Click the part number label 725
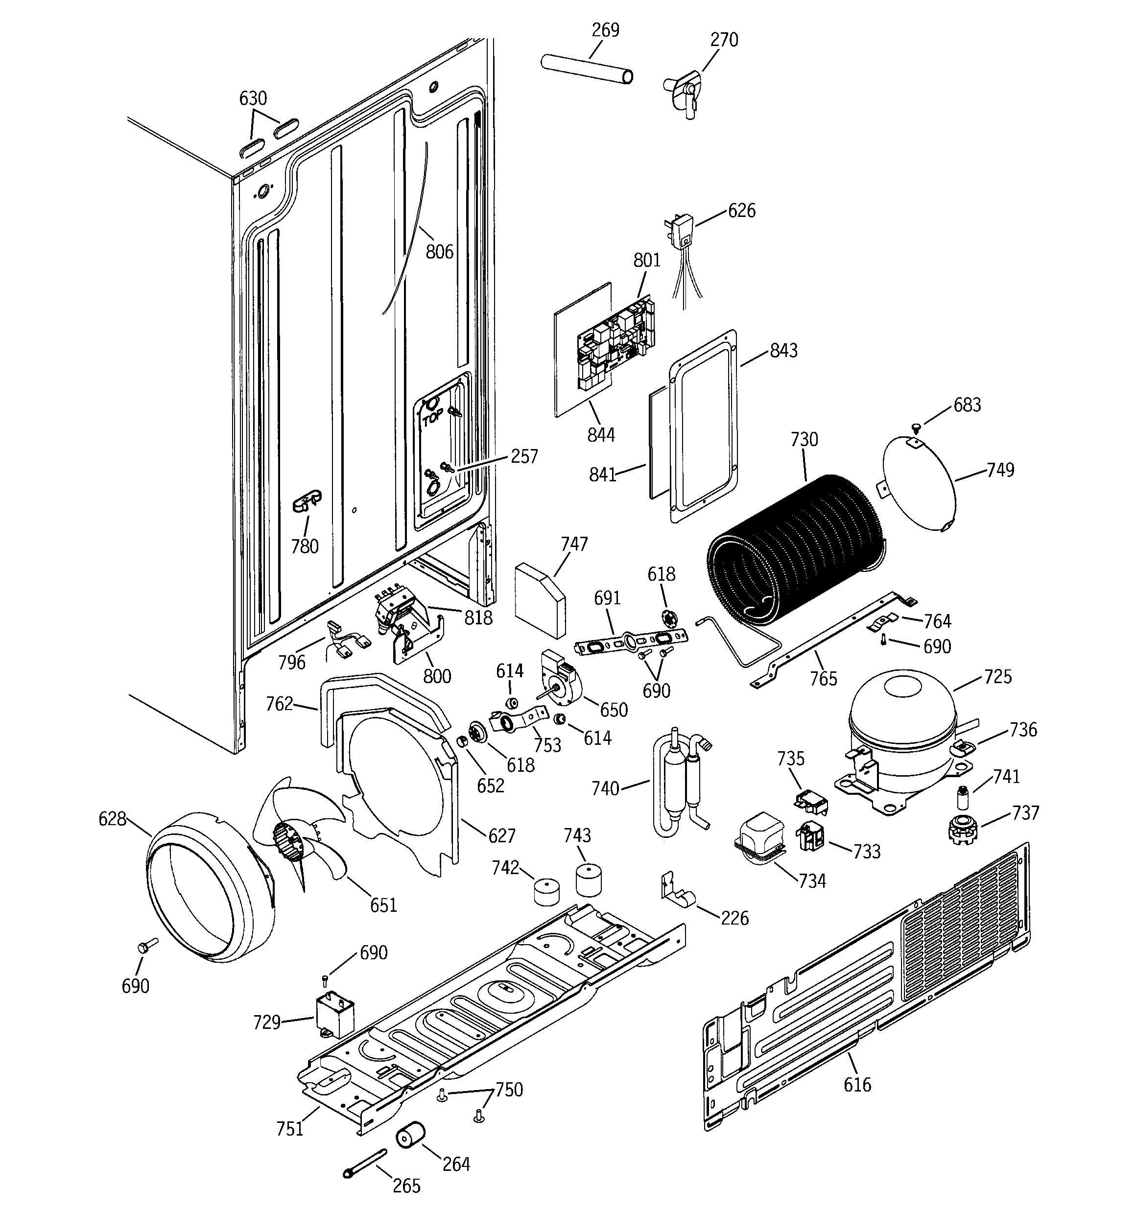point(997,677)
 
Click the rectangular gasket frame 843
point(704,427)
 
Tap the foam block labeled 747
point(540,599)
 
